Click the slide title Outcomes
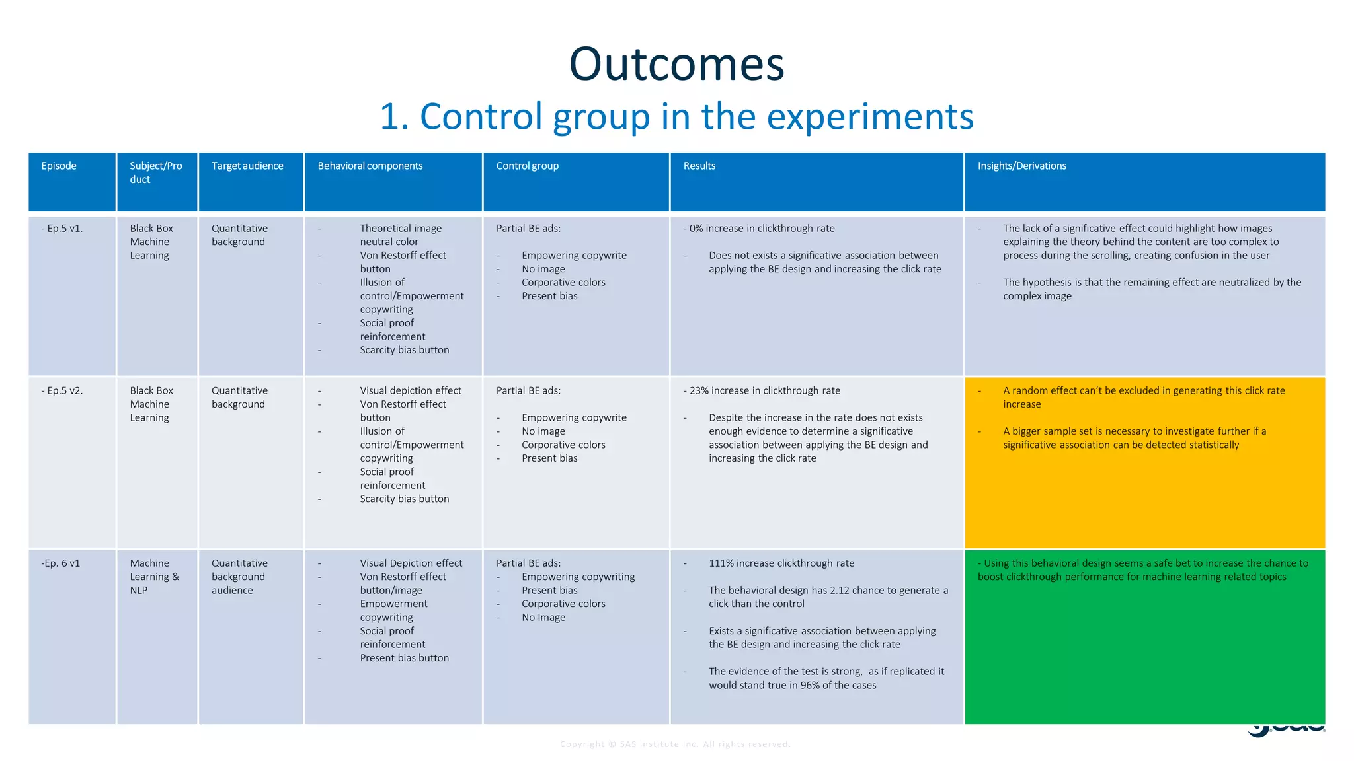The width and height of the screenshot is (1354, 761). click(x=676, y=64)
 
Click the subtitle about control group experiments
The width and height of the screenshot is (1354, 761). click(x=676, y=116)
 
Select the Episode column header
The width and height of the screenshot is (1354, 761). click(x=59, y=166)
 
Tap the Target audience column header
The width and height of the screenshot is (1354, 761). click(x=247, y=166)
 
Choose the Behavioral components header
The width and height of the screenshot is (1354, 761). click(x=370, y=166)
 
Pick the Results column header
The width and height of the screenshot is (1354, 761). click(x=699, y=166)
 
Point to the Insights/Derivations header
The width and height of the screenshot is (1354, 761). click(x=1021, y=166)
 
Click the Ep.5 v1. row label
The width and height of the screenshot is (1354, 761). click(x=62, y=229)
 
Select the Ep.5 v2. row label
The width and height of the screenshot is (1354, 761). click(x=62, y=390)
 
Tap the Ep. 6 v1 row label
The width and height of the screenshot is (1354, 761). click(x=61, y=563)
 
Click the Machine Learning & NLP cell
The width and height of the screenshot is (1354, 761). click(x=154, y=577)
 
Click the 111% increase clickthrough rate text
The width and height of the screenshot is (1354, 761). click(x=781, y=563)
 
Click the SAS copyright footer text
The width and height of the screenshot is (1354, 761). click(x=675, y=744)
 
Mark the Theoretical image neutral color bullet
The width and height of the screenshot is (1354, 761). click(x=400, y=235)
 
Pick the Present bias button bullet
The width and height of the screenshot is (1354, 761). click(x=404, y=658)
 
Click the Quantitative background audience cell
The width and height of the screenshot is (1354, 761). click(x=239, y=577)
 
